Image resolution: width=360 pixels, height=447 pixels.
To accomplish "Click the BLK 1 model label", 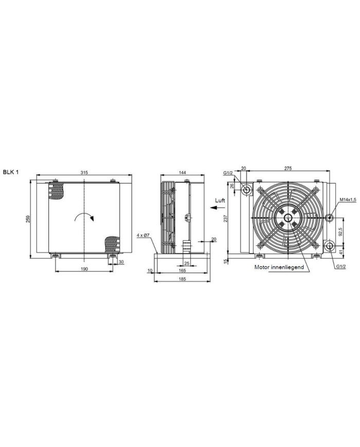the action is (11, 172).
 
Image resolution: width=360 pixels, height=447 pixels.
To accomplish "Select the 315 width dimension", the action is (84, 172).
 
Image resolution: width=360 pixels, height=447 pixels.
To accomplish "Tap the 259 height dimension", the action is (28, 219).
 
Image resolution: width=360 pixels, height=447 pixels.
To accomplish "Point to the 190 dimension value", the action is (84, 269).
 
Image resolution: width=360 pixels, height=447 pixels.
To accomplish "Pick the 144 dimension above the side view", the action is (182, 172).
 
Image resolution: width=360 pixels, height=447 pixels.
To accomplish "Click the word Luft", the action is (220, 201).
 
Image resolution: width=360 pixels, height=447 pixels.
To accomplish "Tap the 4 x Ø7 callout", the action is (143, 235).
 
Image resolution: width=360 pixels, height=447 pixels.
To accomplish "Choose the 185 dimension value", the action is (182, 279).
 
